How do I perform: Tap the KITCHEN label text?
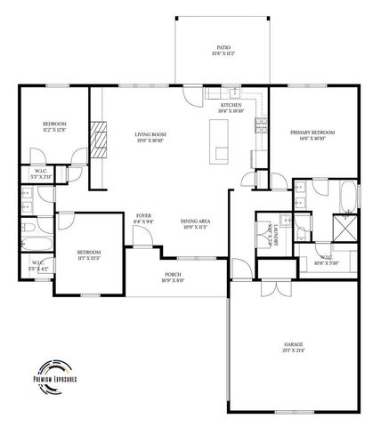231,106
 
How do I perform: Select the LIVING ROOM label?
150,134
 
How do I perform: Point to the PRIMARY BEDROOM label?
308,133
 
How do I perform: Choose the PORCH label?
174,275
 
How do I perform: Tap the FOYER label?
142,215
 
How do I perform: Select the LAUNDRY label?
272,237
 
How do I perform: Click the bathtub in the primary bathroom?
346,195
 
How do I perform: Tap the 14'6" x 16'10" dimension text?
308,139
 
